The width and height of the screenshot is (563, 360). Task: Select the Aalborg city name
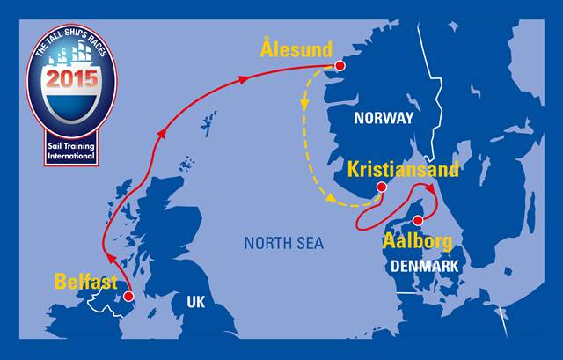418,240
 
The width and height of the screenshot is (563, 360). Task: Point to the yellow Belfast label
86,282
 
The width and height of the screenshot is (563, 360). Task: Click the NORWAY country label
383,118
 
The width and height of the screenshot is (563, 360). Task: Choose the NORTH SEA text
283,242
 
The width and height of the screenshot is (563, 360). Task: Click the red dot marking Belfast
128,297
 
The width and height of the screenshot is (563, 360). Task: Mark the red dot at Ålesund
341,66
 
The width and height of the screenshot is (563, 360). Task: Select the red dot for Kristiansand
381,187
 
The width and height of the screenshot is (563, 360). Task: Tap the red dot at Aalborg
419,220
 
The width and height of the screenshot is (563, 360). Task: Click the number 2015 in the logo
72,79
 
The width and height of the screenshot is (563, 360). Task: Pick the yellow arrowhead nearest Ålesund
304,105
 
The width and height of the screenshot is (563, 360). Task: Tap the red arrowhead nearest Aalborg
432,188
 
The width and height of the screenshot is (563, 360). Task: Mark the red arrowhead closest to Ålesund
242,79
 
